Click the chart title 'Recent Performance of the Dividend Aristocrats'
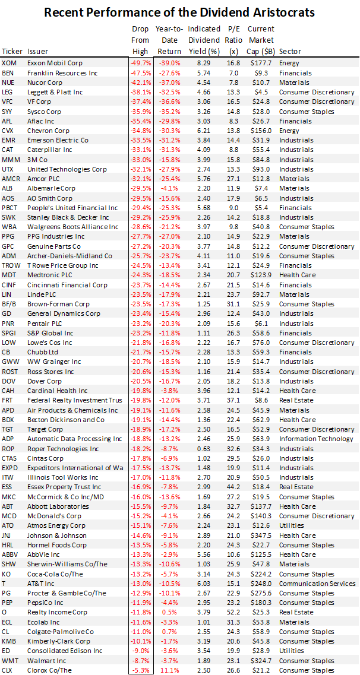[180, 12]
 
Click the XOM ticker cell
[9, 63]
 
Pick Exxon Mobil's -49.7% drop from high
[141, 63]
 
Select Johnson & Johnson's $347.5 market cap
[262, 535]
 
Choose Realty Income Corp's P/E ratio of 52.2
[233, 612]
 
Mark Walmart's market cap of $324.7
[262, 661]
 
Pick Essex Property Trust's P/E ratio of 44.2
[233, 487]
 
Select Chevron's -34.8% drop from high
[141, 130]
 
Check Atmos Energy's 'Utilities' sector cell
[290, 525]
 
